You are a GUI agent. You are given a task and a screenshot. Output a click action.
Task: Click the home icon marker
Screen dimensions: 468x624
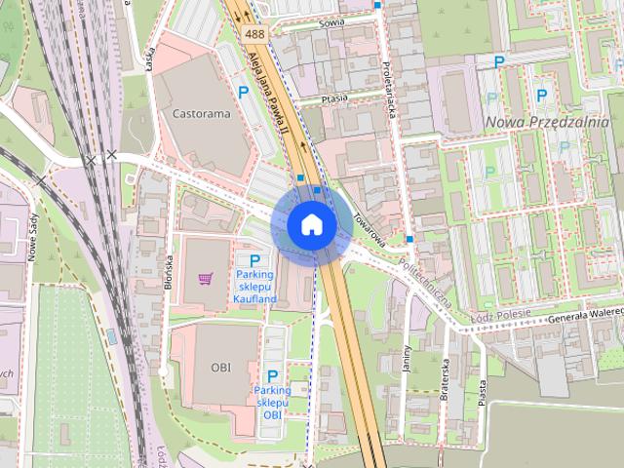coord(311,224)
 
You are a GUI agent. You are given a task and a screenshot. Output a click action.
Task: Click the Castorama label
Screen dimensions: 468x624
coord(201,113)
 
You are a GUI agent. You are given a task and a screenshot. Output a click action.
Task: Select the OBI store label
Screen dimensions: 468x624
coord(220,368)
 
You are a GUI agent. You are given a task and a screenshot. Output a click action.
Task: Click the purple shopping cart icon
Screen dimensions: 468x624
coord(206,278)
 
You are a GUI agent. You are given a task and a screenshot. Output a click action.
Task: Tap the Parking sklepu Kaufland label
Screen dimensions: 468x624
coord(255,287)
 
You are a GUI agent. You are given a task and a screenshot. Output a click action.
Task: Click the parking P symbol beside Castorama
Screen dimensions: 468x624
coord(243,93)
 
